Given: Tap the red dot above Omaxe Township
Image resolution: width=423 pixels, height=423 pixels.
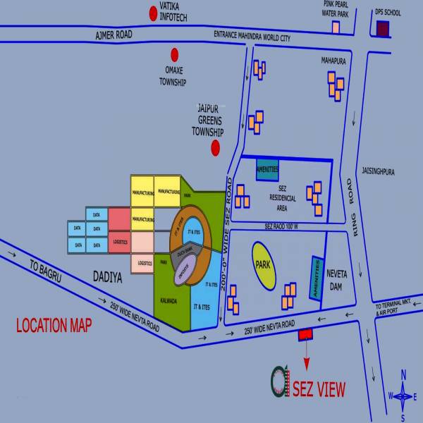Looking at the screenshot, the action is tap(175, 54).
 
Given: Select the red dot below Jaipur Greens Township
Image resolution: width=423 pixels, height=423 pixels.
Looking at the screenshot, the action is tap(216, 147).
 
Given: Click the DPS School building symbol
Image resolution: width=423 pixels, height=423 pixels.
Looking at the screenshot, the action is tap(383, 29).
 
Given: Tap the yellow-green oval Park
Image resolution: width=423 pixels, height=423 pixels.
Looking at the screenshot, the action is tap(264, 266).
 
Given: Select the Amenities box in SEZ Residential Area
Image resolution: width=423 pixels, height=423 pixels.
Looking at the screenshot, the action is tap(268, 169).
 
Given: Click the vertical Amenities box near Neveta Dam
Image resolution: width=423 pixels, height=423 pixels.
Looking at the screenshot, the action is tap(316, 277).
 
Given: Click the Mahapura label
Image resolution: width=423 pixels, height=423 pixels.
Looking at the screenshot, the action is tap(333, 61).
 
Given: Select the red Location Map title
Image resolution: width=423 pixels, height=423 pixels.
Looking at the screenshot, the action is tap(54, 326).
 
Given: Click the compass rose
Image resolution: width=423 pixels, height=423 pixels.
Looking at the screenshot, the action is tap(403, 396).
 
